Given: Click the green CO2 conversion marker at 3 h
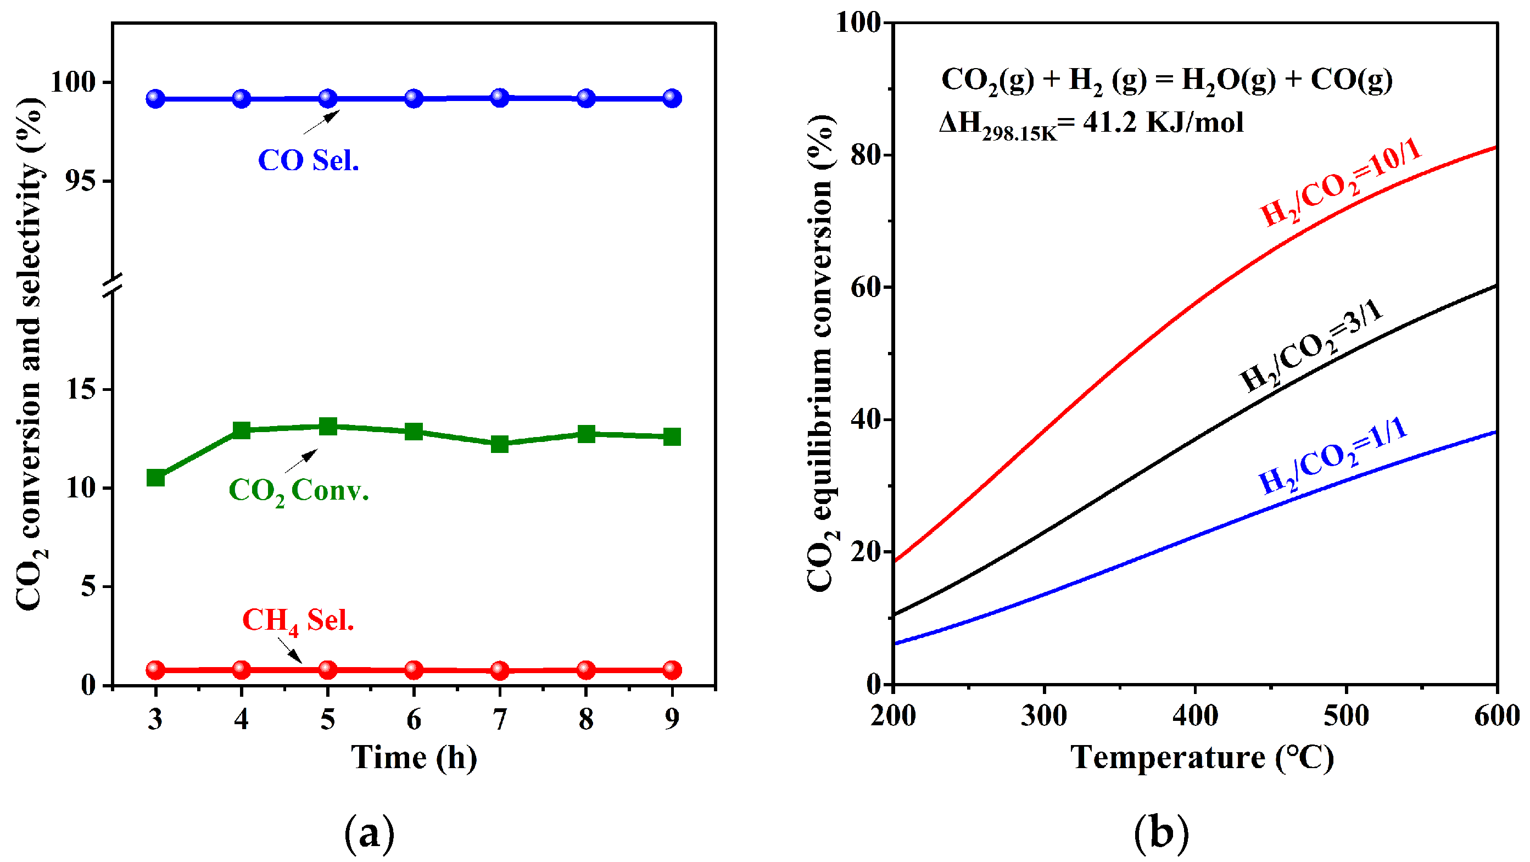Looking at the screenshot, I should [x=155, y=477].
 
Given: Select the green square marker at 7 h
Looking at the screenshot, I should [x=500, y=444].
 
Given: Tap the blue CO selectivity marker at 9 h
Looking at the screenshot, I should [x=672, y=98].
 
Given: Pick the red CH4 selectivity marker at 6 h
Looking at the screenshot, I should [x=414, y=670].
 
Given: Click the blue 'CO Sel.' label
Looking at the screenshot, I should [x=308, y=160].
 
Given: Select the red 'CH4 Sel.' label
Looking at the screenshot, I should [x=298, y=621].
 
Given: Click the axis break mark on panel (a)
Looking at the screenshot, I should [x=112, y=286].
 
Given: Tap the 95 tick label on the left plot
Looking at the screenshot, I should [x=81, y=181].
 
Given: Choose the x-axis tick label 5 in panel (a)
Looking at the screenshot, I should [x=327, y=719].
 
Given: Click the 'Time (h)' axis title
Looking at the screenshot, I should [x=414, y=758].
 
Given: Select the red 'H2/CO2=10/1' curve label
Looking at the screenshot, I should [x=1341, y=183].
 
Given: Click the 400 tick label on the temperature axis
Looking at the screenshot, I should [x=1195, y=716].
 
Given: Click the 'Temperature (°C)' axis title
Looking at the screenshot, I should [x=1202, y=758].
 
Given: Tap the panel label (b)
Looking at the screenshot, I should [x=1161, y=832].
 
